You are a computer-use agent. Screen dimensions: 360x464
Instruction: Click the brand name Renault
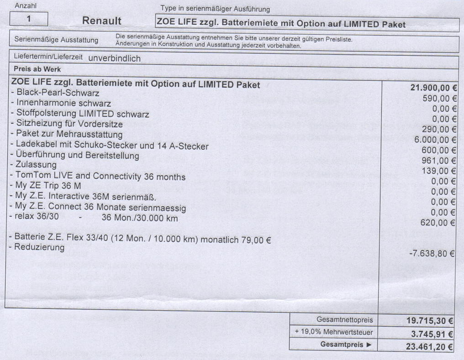tap(105, 21)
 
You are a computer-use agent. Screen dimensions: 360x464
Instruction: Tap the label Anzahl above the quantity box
tap(26, 6)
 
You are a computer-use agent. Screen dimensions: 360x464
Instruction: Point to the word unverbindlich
tap(115, 58)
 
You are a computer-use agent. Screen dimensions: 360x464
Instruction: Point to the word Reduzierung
tap(39, 248)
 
